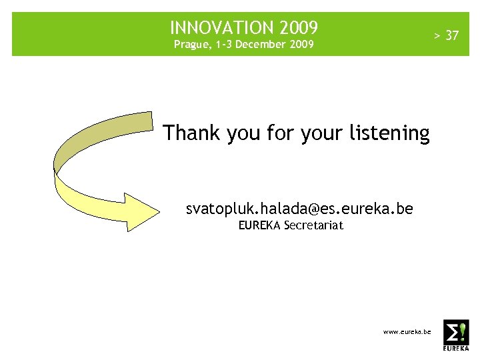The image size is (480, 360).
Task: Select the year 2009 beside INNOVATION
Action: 299,28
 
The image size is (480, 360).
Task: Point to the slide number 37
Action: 452,35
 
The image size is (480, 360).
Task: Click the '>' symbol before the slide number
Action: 438,35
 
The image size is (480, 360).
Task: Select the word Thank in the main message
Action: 191,133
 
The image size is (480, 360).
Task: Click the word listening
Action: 389,133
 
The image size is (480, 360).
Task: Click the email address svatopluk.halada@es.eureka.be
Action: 299,209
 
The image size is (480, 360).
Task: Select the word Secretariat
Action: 313,225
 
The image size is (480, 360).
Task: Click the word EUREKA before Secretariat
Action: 260,225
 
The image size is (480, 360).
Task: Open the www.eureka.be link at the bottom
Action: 407,331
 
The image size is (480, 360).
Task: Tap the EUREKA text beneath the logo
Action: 456,349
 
